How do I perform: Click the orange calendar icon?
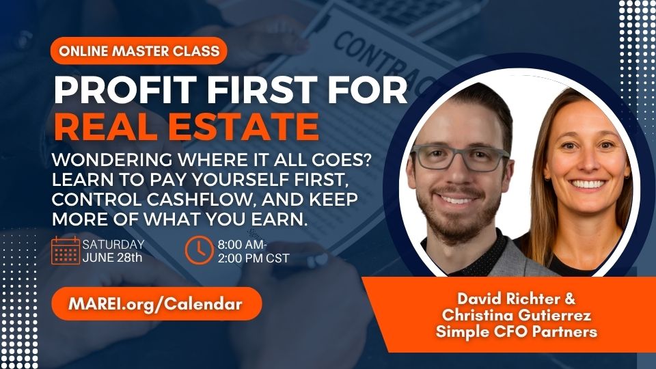coord(66,250)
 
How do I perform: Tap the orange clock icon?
coord(199,250)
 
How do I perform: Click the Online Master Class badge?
coord(139,51)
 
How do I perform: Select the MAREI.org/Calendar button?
coord(156,303)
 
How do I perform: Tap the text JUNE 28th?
coord(112,258)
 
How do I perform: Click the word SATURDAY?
coord(113,244)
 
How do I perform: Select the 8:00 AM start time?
coord(241,245)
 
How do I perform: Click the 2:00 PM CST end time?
coord(254,258)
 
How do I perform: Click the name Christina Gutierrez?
coord(517,314)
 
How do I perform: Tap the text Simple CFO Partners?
coord(517,331)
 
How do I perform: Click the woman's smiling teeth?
coord(588,184)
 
